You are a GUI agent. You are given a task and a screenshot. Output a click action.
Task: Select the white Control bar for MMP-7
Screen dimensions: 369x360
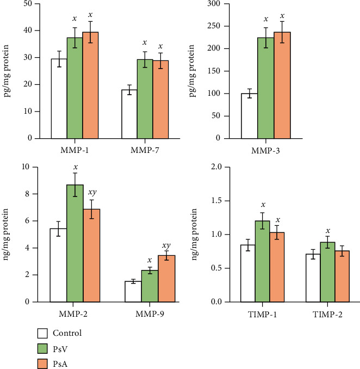(x=129, y=114)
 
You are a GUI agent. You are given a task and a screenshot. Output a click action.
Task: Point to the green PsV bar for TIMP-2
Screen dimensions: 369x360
(x=327, y=272)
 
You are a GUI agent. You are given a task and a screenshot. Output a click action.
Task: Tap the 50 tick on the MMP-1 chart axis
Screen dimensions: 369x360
(x=27, y=4)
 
